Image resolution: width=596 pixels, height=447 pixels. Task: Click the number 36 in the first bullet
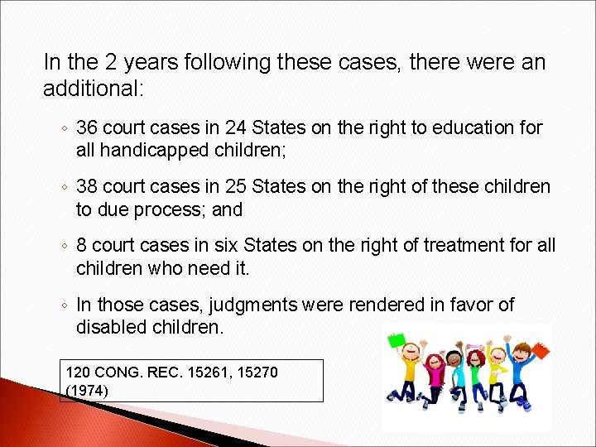(86, 127)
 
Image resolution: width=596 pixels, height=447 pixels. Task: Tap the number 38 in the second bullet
(86, 187)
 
